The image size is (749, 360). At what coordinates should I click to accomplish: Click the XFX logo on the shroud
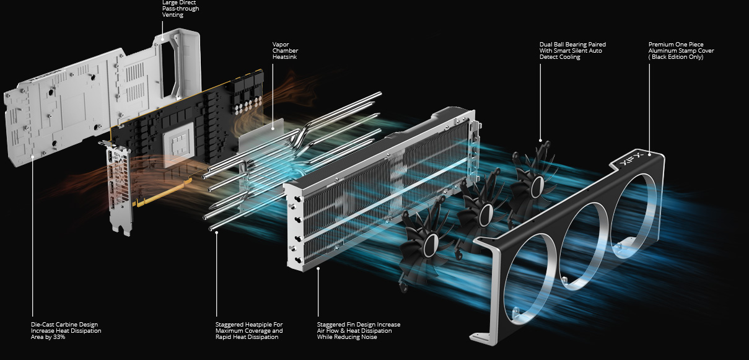point(630,162)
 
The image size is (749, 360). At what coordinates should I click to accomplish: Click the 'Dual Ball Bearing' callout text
point(572,51)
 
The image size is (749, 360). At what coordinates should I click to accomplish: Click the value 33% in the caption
point(59,337)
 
